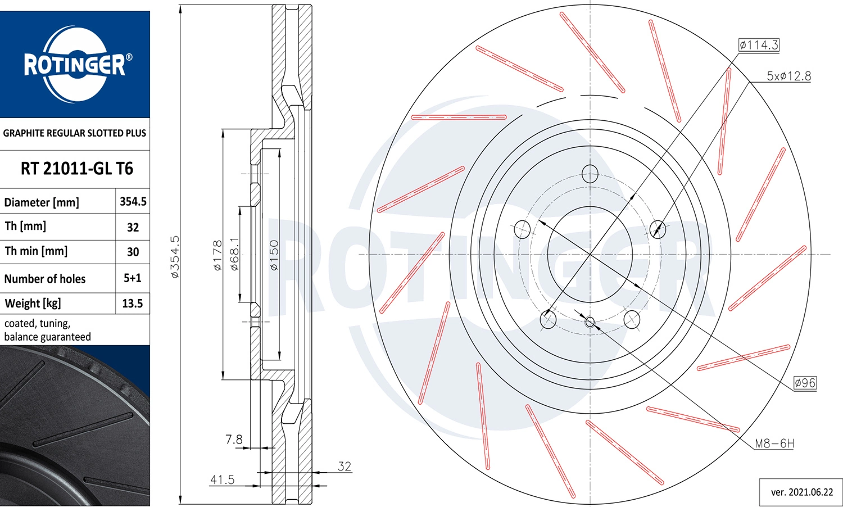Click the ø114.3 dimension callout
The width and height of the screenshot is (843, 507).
[759, 45]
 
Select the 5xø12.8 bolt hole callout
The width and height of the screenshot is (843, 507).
[789, 76]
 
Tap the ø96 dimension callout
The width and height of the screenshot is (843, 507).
[805, 383]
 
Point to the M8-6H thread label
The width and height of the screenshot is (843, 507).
[774, 443]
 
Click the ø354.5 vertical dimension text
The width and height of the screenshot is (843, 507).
[175, 257]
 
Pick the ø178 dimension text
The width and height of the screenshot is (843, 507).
[217, 255]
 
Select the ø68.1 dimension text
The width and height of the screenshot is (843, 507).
[234, 254]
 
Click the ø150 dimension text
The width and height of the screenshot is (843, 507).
[274, 255]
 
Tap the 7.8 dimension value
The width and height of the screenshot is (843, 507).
[234, 439]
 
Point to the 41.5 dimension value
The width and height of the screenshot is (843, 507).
[222, 479]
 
